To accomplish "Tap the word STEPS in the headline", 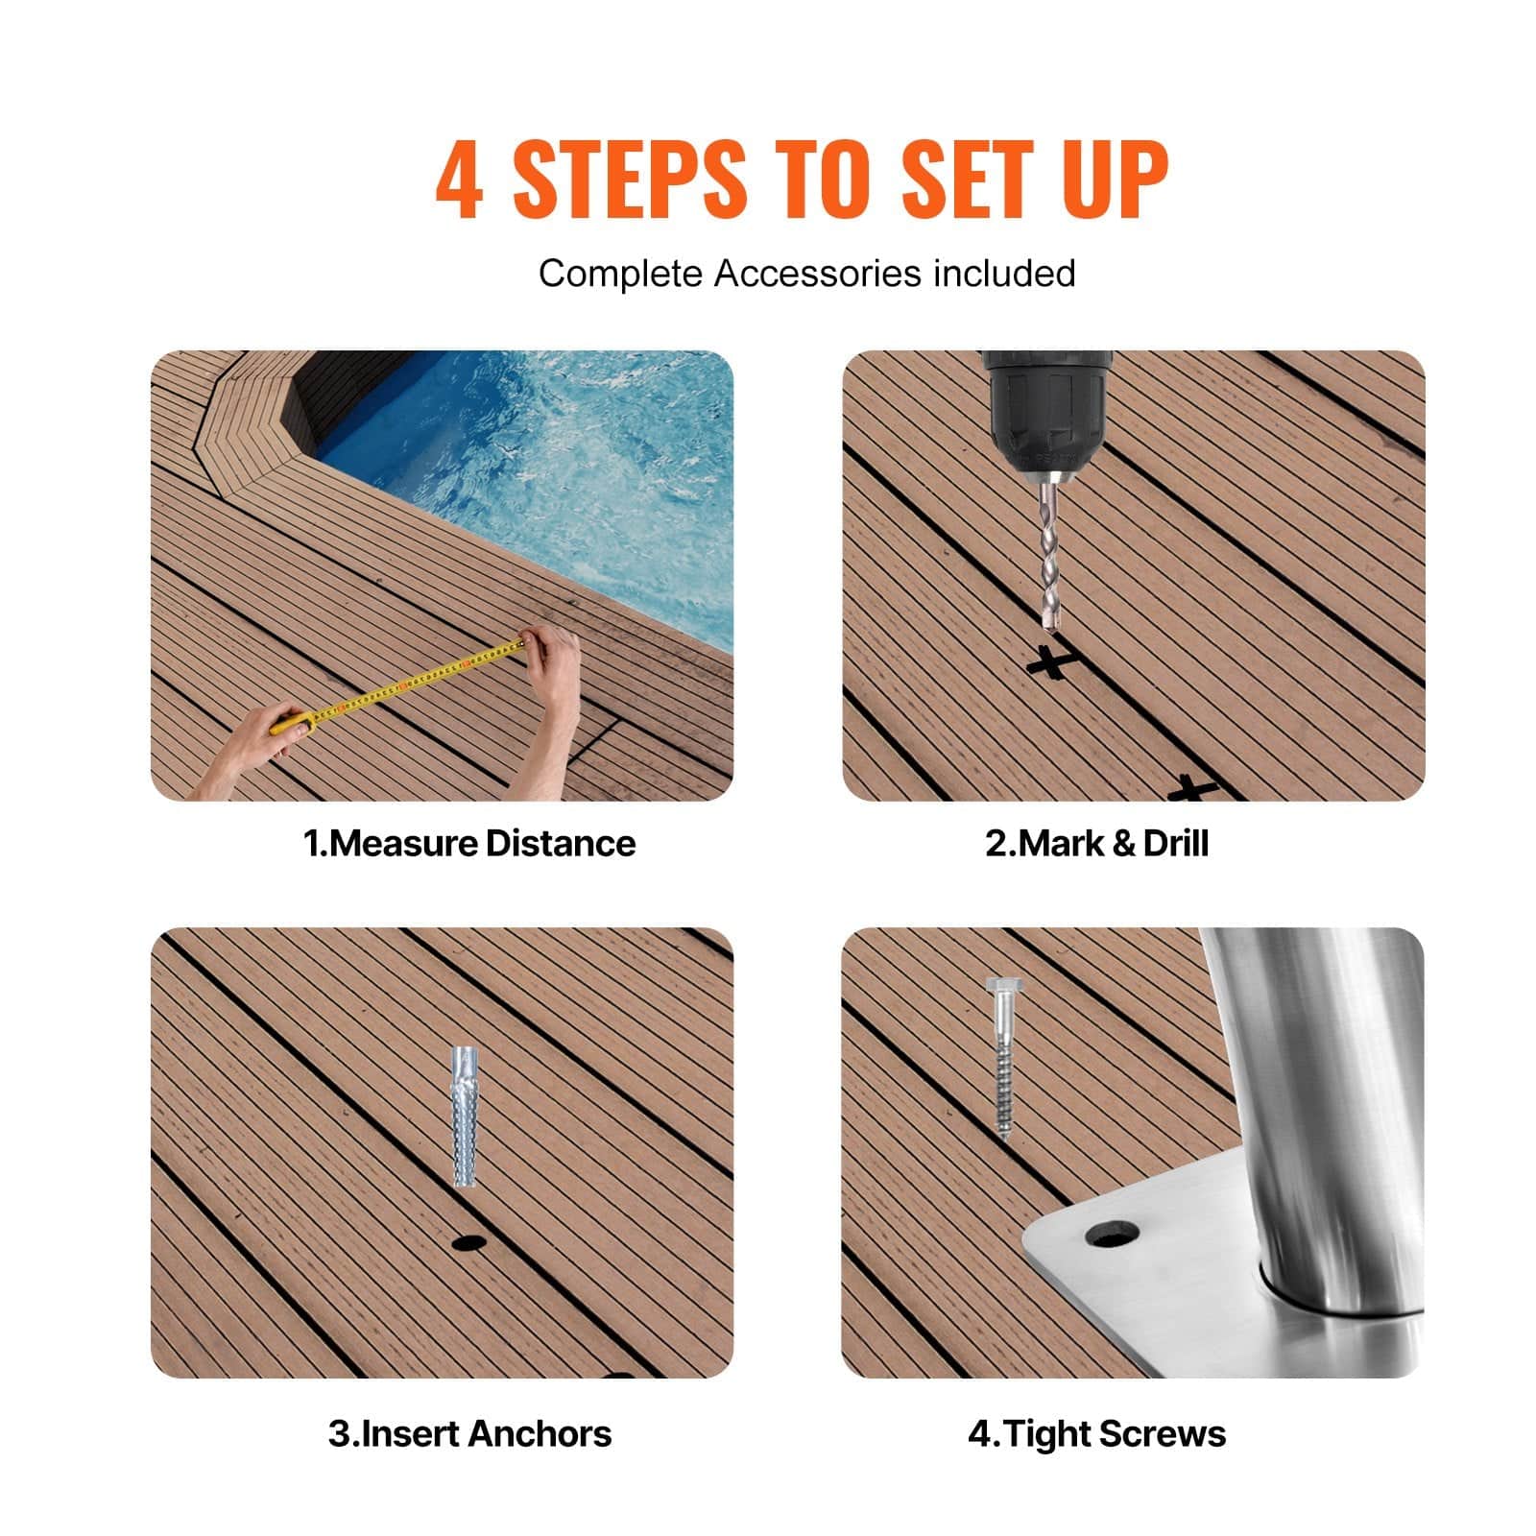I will coord(629,180).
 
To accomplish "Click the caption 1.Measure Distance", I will coord(469,844).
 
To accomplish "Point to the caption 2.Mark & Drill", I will coord(1096,844).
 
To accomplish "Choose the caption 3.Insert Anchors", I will coord(469,1433).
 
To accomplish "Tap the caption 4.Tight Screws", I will coord(1096,1433).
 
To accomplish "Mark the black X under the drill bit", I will coord(1051,662).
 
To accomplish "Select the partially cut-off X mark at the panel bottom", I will coord(1193,789).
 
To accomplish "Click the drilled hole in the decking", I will coord(468,1242).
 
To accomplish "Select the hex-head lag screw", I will coord(1001,1056).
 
